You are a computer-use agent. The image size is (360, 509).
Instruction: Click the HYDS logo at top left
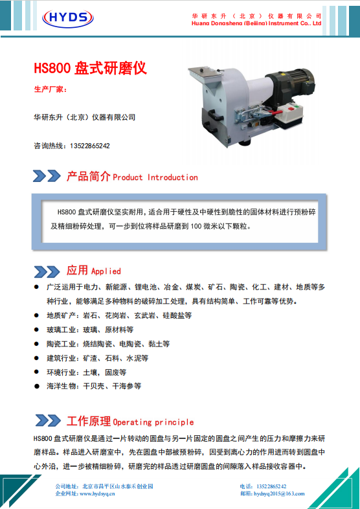[68, 17]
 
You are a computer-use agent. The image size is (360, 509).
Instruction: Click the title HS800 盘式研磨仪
[91, 68]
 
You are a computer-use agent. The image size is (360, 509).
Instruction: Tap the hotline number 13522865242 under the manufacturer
[90, 146]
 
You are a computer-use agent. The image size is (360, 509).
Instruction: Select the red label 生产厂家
[51, 89]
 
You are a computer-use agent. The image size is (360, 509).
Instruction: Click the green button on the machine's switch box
[297, 106]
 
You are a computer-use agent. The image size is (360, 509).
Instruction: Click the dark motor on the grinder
[291, 84]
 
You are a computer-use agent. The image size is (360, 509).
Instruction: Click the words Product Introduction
[155, 177]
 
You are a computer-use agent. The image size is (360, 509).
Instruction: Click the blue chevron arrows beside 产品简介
[47, 176]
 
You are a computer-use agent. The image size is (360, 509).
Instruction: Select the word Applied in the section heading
[106, 271]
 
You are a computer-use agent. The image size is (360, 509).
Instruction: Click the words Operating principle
[153, 422]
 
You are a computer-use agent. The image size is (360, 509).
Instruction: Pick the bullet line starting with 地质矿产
[119, 315]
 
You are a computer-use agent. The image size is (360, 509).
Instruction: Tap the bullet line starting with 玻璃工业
[90, 330]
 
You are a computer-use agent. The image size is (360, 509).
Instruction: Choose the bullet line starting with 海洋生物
[94, 386]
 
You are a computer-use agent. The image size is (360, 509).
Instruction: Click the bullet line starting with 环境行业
[86, 372]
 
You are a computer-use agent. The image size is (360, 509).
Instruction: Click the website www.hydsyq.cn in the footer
[97, 493]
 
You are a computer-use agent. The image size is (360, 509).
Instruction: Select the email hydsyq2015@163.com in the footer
[279, 493]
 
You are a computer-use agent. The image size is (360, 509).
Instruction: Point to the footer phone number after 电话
[271, 486]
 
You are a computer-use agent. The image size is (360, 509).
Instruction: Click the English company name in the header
[256, 23]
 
